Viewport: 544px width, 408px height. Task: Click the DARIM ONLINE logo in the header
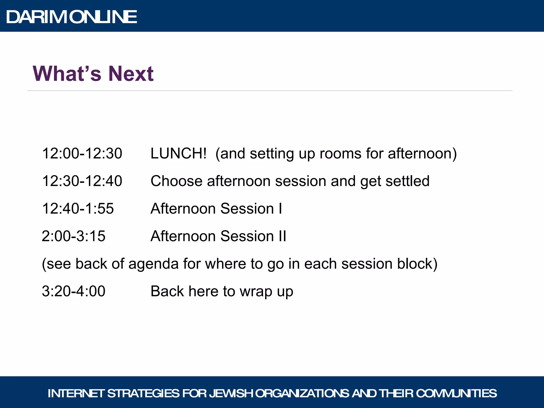pos(71,17)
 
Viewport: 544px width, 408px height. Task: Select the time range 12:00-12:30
pos(82,154)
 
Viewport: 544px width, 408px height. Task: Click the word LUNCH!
pos(178,154)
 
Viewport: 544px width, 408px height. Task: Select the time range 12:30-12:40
pos(82,181)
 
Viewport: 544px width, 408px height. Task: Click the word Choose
pos(176,181)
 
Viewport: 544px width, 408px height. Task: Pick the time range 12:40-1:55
pos(78,209)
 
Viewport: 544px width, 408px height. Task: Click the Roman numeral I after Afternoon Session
pos(280,209)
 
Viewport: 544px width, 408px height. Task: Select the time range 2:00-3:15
pos(73,236)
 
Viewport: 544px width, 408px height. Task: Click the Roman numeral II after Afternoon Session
pos(282,236)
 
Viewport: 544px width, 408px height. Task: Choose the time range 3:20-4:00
pos(73,291)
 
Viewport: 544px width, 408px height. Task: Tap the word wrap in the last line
pos(256,292)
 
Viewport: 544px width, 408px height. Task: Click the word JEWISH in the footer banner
pos(231,393)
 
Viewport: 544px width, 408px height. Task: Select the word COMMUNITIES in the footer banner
pos(456,393)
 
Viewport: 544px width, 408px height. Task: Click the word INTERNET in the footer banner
pos(76,393)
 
